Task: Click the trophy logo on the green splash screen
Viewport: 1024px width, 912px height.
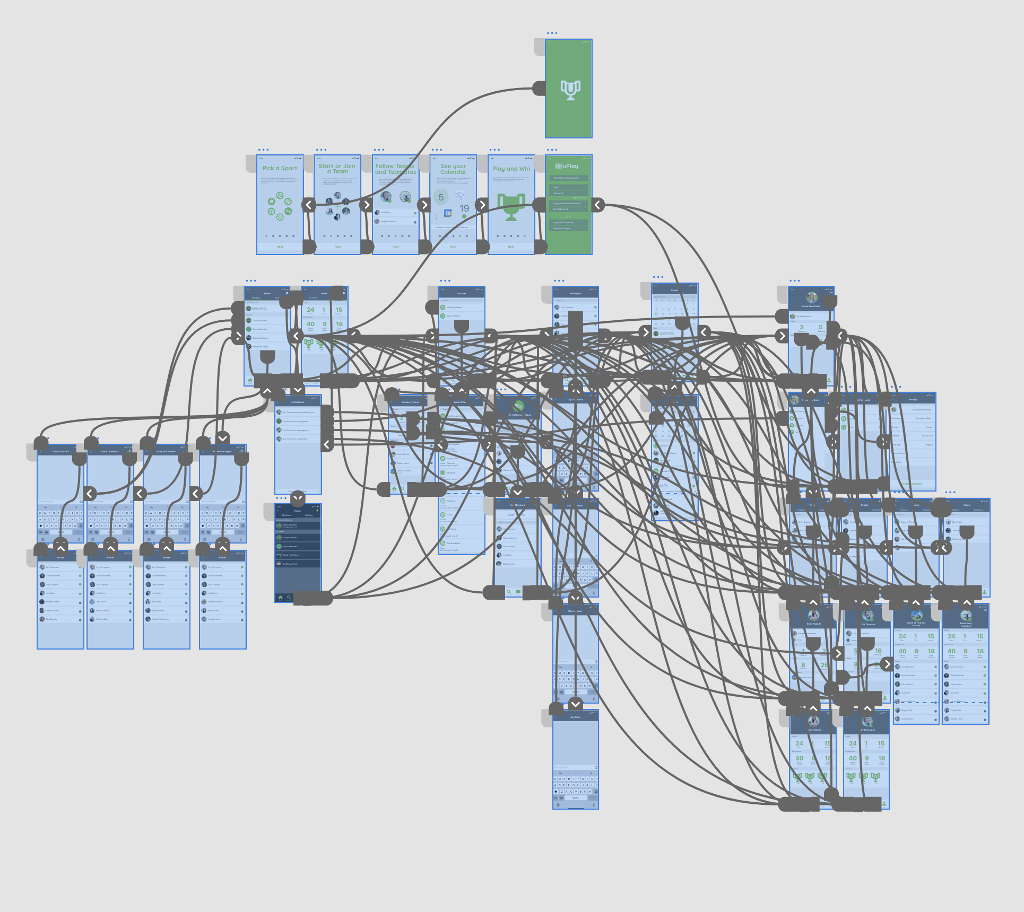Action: click(x=570, y=90)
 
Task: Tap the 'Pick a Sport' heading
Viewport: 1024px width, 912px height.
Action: click(x=280, y=169)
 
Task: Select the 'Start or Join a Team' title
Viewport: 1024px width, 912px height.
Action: click(x=337, y=169)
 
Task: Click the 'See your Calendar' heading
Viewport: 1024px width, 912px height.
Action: click(x=453, y=169)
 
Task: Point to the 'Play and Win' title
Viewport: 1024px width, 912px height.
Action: click(x=511, y=169)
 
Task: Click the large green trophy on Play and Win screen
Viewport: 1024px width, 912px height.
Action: click(x=511, y=207)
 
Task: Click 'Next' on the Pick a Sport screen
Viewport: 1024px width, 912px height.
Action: click(x=280, y=247)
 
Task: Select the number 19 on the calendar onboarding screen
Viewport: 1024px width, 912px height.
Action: click(x=464, y=208)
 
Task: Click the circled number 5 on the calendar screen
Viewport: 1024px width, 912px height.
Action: click(x=441, y=197)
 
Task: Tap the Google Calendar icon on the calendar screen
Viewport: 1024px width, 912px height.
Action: click(x=448, y=213)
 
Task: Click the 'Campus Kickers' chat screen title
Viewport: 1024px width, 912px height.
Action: click(x=60, y=452)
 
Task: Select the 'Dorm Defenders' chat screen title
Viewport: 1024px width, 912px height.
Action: click(x=110, y=452)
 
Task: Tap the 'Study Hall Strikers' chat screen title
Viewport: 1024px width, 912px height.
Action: click(x=166, y=452)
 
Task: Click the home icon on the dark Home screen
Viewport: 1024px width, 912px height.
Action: click(x=280, y=598)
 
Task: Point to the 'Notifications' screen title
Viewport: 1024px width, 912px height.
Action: click(x=297, y=402)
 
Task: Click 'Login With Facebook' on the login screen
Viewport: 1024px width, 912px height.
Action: click(x=563, y=223)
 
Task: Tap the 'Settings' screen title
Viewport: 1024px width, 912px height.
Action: click(x=913, y=400)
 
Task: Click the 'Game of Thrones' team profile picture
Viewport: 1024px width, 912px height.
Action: click(x=916, y=616)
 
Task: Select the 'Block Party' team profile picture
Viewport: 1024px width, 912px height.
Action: click(x=966, y=616)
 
